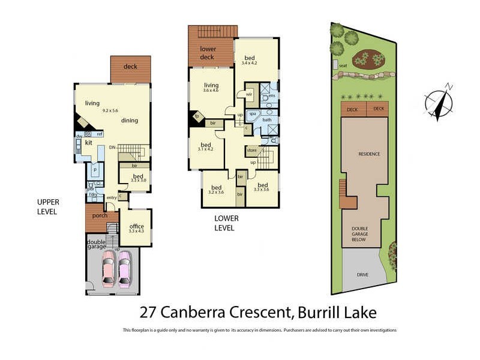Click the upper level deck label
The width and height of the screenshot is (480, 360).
[x=130, y=67]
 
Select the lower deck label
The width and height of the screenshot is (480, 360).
[x=207, y=53]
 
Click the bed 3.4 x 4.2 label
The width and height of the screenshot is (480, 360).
[x=249, y=59]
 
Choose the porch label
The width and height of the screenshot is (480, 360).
[x=99, y=215]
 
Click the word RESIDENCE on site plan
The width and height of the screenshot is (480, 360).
[x=369, y=154]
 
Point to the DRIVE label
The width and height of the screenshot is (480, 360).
[x=362, y=275]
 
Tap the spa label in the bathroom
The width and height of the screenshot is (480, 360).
[x=253, y=113]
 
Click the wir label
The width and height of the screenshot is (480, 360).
[x=249, y=94]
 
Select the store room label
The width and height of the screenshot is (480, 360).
[x=252, y=150]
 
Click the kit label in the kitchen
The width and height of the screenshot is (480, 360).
[x=88, y=143]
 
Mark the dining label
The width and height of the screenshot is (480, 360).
[x=130, y=121]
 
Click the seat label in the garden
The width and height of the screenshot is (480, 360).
[x=343, y=65]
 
